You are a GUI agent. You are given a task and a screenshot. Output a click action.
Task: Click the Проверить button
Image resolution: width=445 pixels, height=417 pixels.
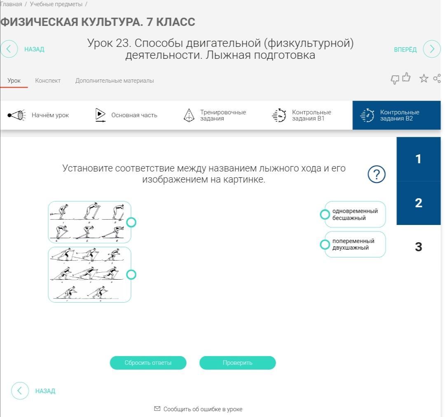238,363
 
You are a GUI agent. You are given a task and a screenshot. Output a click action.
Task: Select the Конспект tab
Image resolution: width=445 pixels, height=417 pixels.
48,81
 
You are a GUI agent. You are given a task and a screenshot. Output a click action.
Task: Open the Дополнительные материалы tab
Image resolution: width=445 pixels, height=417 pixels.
115,81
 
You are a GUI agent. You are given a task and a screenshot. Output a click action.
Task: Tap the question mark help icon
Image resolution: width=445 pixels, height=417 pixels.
376,174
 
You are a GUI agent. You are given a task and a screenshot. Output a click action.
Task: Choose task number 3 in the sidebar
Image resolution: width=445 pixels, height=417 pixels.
419,247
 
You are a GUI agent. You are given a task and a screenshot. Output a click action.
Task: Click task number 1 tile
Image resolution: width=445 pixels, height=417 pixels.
419,159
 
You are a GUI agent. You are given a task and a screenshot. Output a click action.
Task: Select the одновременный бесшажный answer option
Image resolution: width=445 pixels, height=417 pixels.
355,214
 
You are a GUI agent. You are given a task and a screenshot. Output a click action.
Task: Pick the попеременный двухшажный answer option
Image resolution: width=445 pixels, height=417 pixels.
355,244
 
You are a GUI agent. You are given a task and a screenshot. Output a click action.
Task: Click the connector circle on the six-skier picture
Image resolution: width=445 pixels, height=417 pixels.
131,222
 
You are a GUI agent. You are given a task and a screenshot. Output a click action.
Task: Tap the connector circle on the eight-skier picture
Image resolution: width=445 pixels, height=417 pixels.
131,275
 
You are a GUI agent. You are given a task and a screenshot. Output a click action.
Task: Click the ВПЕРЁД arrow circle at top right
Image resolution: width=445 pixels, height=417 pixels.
432,49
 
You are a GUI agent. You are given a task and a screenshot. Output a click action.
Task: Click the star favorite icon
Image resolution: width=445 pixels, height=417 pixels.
424,78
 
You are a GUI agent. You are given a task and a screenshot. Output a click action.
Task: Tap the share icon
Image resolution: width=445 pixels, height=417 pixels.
437,78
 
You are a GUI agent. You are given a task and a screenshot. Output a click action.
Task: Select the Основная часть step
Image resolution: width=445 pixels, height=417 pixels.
126,115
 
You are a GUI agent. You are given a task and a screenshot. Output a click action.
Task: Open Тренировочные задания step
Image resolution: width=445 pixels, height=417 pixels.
215,115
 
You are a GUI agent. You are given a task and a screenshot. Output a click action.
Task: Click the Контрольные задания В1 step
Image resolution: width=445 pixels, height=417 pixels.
302,115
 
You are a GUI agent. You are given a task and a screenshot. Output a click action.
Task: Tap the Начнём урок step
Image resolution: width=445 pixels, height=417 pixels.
38,115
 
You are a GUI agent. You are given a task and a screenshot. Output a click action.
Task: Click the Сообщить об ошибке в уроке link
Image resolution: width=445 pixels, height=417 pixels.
198,409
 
